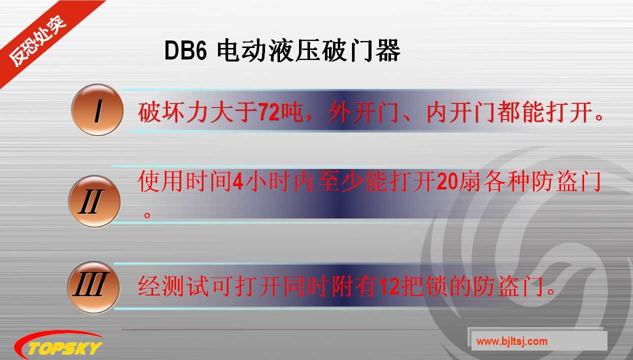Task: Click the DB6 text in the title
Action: pos(185,51)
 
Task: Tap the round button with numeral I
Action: pos(97,110)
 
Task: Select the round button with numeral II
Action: pos(94,202)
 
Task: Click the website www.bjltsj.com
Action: pos(511,342)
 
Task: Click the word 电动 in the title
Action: pos(238,51)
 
